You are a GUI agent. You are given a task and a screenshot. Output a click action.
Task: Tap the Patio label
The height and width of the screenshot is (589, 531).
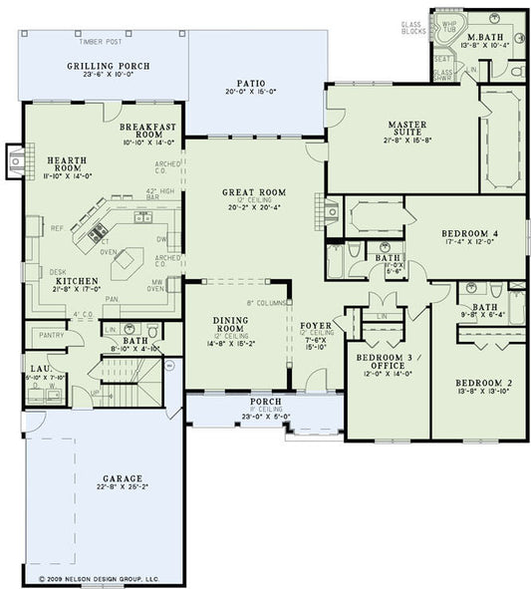point(257,84)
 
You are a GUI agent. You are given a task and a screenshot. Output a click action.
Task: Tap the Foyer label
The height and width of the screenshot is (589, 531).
point(314,325)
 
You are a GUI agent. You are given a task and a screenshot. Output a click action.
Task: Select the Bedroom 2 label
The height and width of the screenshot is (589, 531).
point(476,383)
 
